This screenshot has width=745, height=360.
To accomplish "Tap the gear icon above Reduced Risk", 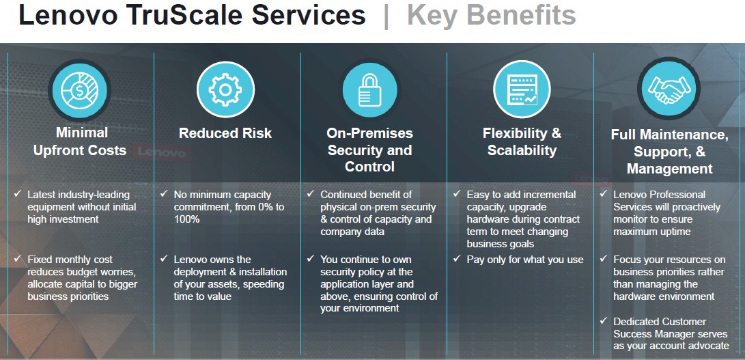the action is coord(226,89).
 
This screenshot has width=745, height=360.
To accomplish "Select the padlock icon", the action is coord(370,90).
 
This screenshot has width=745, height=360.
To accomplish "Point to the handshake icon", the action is coord(669,89).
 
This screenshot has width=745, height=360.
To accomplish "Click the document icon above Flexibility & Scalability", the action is coord(522,89).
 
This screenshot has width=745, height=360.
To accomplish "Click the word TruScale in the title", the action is coord(185,15).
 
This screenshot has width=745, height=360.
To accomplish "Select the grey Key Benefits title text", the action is coord(492,16).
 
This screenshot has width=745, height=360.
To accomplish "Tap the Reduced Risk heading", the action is coord(225,133).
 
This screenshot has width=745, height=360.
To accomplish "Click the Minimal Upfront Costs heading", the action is coord(80,141).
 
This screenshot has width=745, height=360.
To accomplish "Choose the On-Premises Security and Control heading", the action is coord(369,150).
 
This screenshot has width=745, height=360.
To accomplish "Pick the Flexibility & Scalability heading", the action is coord(522,141).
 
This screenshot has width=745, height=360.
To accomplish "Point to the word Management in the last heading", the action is coord(669,169).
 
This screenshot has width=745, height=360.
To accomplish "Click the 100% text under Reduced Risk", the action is coord(186,219).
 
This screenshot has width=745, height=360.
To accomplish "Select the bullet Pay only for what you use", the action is coord(525,260).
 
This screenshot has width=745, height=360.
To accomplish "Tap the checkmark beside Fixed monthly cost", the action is coord(18,259).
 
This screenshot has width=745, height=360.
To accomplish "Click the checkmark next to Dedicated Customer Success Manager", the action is coord(604,321).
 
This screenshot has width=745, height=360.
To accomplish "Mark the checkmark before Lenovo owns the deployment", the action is coord(165,259).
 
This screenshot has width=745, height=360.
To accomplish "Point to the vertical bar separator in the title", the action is coord(386,16).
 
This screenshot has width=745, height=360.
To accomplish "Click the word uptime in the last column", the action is coord(675,232).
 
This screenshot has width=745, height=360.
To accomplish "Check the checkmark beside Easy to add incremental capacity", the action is coord(457,193).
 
